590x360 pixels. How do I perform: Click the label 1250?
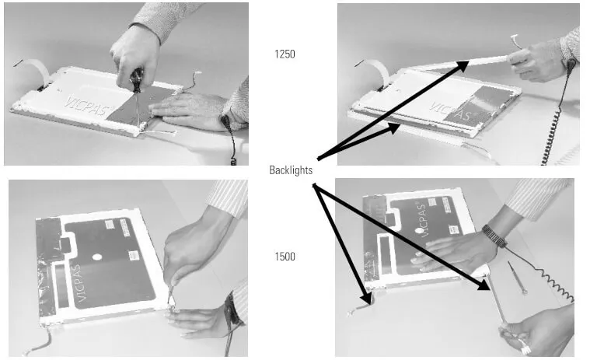click(285, 54)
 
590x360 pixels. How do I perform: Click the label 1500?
click(285, 257)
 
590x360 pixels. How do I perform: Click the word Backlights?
click(291, 170)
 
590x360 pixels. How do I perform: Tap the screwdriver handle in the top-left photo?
click(137, 80)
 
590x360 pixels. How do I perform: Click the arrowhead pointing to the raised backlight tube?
click(462, 65)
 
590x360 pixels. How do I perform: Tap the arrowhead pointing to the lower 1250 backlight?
click(393, 128)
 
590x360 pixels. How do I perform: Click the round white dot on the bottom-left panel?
click(97, 257)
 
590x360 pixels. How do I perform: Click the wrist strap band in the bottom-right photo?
click(495, 236)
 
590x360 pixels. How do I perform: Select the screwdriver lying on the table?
click(517, 278)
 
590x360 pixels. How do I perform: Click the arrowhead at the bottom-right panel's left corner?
click(366, 298)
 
